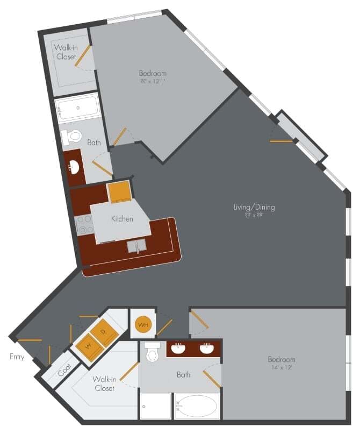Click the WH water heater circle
(x=142, y=324)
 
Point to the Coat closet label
(x=65, y=369)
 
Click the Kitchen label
(x=122, y=219)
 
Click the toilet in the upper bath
(x=70, y=137)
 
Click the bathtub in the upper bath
(x=78, y=108)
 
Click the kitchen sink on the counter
(x=137, y=247)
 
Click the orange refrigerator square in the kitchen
(x=119, y=192)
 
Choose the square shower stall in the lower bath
(x=155, y=407)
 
